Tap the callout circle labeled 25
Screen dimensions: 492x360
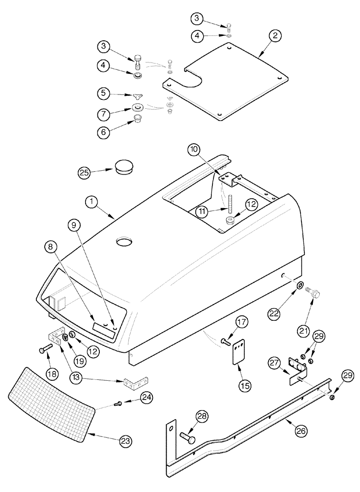tap(85, 172)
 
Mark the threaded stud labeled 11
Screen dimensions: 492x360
tap(229, 202)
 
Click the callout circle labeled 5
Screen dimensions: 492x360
tap(104, 92)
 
